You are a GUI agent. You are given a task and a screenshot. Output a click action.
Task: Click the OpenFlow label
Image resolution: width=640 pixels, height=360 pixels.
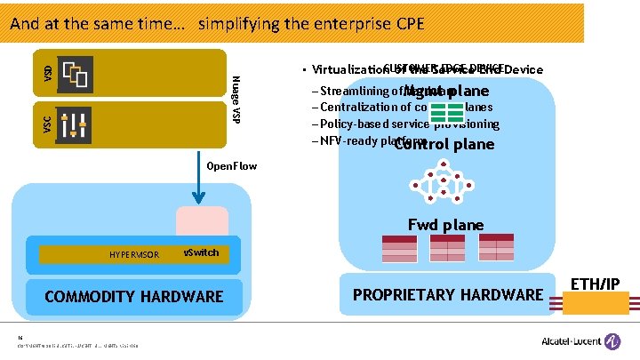[x=231, y=165]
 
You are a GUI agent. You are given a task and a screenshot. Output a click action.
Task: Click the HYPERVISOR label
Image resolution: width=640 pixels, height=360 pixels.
[x=134, y=254]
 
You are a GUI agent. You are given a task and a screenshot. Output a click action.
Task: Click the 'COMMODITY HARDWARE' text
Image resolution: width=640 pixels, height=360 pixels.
[x=134, y=296]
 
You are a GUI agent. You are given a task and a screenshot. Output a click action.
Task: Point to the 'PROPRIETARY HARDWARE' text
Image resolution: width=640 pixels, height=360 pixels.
[x=448, y=294]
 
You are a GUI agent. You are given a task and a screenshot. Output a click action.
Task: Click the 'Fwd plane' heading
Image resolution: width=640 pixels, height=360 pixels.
[x=445, y=225]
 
